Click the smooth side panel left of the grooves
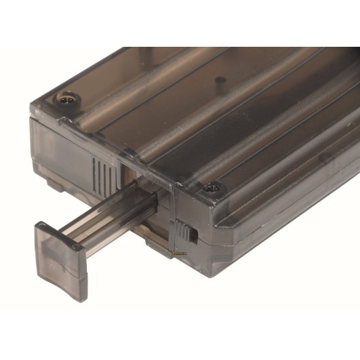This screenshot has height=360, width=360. click(64, 153)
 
